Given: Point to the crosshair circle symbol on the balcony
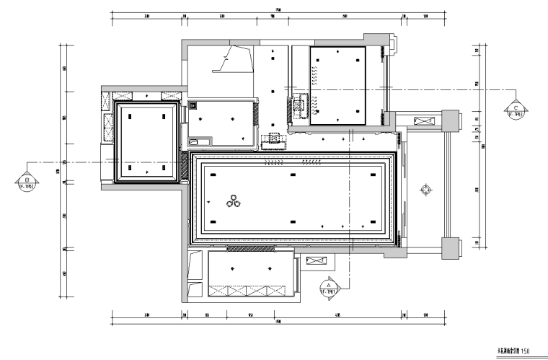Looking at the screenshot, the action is pyautogui.click(x=426, y=190).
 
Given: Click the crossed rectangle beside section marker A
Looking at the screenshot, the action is pyautogui.click(x=317, y=261).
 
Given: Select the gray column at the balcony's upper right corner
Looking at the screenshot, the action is pyautogui.click(x=450, y=119).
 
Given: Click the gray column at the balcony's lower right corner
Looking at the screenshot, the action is pyautogui.click(x=450, y=245).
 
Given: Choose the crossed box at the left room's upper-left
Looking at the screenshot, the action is pyautogui.click(x=121, y=95).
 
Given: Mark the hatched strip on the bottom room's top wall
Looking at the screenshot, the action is pyautogui.click(x=249, y=249).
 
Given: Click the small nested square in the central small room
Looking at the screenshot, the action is pyautogui.click(x=193, y=105).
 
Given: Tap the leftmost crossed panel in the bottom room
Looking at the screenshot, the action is pyautogui.click(x=218, y=291).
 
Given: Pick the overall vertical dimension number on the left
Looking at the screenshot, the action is pyautogui.click(x=60, y=171).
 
